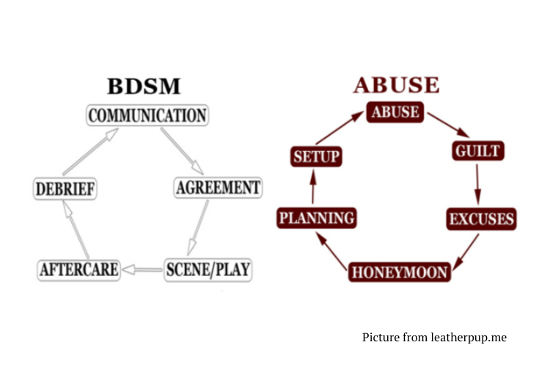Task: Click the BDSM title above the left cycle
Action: [144, 87]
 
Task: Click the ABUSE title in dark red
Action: [396, 85]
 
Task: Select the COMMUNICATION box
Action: [147, 116]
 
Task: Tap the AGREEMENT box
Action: [218, 188]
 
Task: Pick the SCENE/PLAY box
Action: [208, 269]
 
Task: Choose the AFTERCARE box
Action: [78, 269]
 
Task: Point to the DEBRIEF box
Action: [65, 189]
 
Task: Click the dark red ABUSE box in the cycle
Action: [395, 113]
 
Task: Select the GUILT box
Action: [477, 152]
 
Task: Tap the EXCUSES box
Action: [481, 219]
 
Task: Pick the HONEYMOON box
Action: [400, 272]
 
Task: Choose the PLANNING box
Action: [317, 218]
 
